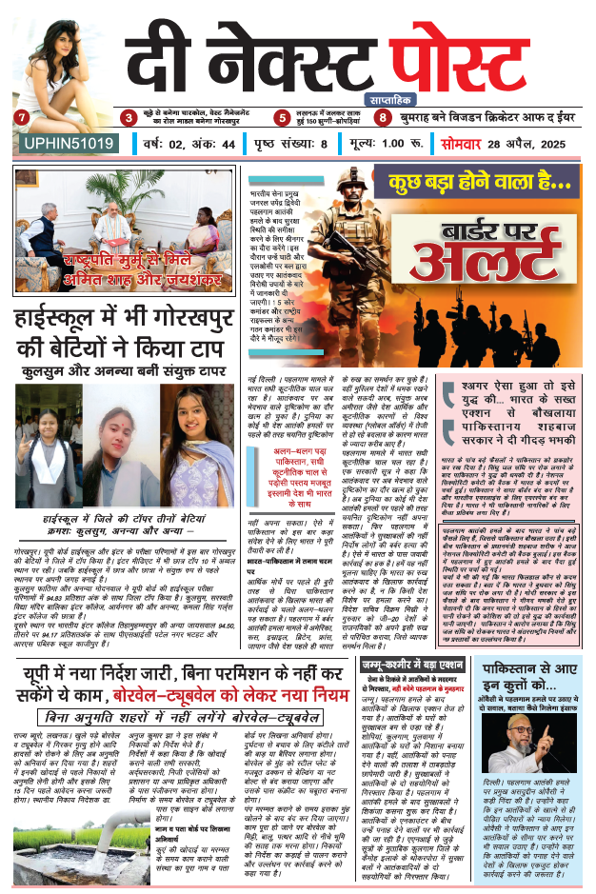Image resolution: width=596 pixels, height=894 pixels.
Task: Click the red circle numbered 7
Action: click(21, 118)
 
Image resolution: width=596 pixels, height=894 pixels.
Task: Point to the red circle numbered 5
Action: click(282, 118)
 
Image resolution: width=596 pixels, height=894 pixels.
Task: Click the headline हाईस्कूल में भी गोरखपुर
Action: click(129, 323)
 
